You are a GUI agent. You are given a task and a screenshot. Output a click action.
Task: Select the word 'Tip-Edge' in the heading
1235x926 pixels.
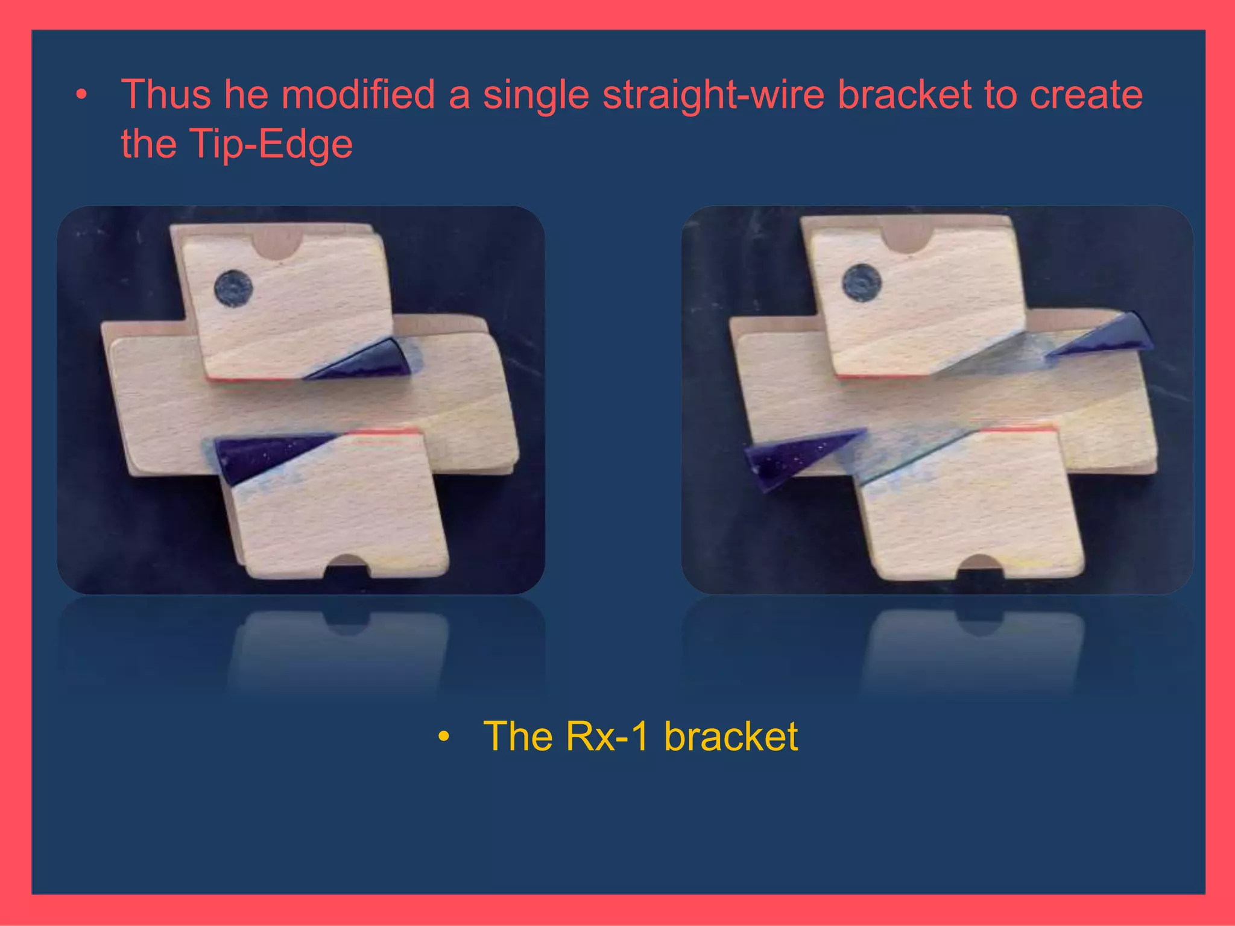[x=271, y=145]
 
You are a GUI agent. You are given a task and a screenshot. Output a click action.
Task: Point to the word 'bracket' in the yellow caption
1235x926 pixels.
[x=730, y=736]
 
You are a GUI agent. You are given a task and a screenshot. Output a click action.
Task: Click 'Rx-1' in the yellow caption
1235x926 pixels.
[x=607, y=736]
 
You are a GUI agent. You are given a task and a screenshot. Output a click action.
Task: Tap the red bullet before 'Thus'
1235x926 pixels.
[x=81, y=95]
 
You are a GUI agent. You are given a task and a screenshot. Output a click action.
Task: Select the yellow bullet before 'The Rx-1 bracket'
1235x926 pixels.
[x=444, y=736]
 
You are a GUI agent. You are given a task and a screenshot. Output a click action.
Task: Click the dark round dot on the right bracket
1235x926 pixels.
[x=861, y=282]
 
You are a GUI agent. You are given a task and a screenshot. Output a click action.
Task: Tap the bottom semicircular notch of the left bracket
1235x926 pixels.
[x=347, y=565]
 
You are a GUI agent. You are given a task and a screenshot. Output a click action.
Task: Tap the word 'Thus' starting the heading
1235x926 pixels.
[x=166, y=95]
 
